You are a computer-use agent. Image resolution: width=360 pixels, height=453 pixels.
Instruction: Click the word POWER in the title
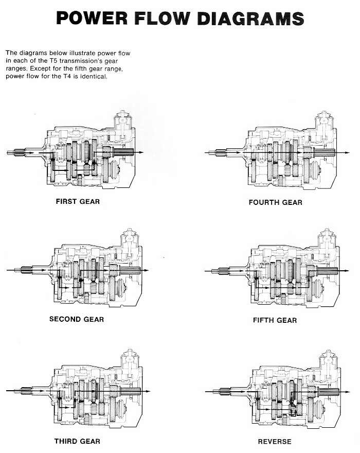[92, 18]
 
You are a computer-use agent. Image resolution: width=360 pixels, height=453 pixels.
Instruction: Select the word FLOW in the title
[162, 18]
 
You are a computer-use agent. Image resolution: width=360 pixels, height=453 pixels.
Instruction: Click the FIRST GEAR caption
[78, 201]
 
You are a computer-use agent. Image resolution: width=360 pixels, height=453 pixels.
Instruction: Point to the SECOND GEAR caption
[77, 319]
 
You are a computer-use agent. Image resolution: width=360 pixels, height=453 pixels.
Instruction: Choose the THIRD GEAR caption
[77, 441]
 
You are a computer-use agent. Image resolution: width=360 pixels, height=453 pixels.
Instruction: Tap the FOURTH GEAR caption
[276, 202]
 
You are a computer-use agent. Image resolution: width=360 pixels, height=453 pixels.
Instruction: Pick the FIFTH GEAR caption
[275, 320]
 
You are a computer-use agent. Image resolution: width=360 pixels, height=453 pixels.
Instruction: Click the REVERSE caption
[275, 442]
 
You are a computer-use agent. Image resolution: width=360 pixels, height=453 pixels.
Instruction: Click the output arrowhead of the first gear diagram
[141, 152]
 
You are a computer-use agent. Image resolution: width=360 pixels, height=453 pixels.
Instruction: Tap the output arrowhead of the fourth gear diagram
[347, 152]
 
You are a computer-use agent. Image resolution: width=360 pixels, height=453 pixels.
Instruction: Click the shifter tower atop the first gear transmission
[123, 126]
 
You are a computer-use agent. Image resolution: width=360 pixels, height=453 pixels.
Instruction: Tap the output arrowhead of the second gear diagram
[147, 270]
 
